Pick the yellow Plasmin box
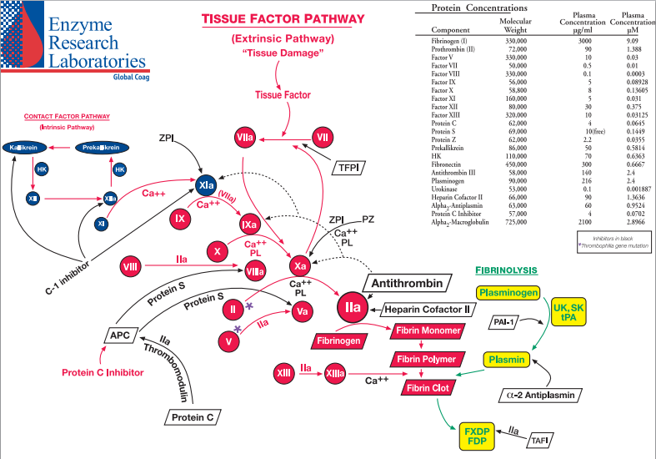[507, 360]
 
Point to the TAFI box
[542, 439]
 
